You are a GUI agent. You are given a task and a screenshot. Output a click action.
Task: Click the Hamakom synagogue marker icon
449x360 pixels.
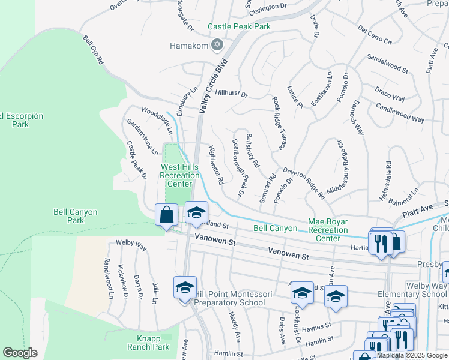pyautogui.click(x=217, y=46)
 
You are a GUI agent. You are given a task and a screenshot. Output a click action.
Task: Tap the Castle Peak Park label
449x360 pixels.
pyautogui.click(x=239, y=26)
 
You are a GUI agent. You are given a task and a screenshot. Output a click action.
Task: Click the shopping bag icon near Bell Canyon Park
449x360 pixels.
pyautogui.click(x=167, y=215)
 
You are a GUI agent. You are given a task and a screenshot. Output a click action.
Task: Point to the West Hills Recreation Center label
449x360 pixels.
pyautogui.click(x=179, y=175)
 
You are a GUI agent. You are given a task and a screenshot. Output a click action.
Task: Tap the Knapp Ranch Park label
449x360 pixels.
pyautogui.click(x=148, y=343)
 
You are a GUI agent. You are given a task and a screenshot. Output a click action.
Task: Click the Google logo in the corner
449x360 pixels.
pyautogui.click(x=20, y=353)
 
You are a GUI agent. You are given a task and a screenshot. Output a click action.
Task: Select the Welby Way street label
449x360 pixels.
pyautogui.click(x=131, y=245)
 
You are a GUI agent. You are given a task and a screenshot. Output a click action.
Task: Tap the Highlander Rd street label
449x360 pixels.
pyautogui.click(x=216, y=164)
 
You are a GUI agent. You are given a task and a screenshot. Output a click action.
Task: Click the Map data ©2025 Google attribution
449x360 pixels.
pyautogui.click(x=412, y=355)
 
